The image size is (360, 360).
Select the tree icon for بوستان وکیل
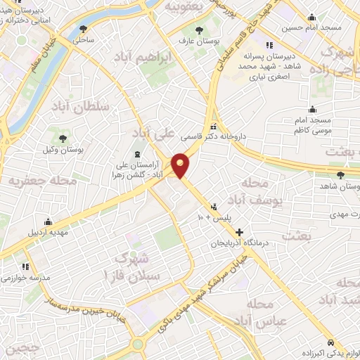[63, 138]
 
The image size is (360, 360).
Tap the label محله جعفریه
[42, 181]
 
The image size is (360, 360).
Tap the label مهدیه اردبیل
[49, 231]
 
